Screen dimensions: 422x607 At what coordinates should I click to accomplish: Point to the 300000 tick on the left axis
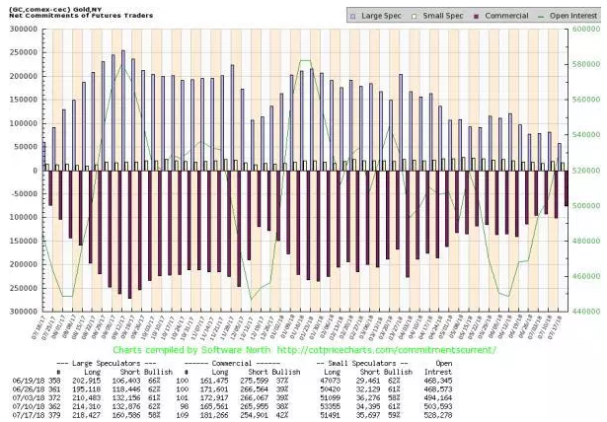pyautogui.click(x=19, y=29)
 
